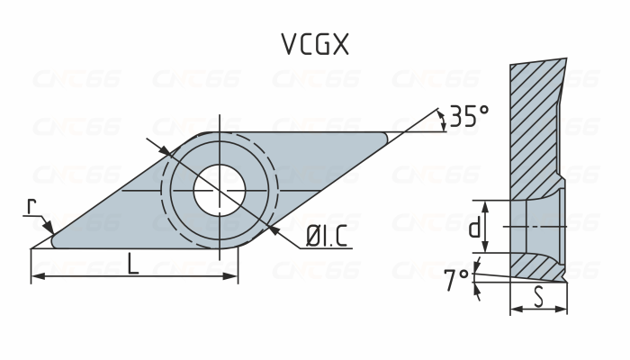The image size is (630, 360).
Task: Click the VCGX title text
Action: [x=314, y=45]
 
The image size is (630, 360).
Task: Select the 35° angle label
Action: [x=469, y=116]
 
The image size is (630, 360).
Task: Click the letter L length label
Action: [x=133, y=264]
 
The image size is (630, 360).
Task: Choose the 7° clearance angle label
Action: [x=456, y=281]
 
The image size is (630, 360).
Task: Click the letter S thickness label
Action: [x=538, y=296]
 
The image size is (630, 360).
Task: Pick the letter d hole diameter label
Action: [x=474, y=228]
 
